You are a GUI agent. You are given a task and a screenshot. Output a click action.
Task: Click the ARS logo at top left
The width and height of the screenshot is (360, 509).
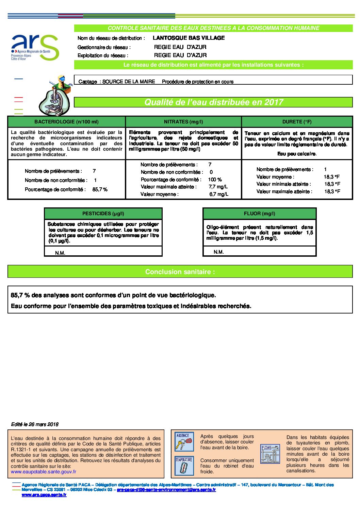[x=35, y=48]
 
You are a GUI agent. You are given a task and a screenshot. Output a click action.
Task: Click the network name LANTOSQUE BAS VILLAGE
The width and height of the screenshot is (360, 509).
[x=189, y=38]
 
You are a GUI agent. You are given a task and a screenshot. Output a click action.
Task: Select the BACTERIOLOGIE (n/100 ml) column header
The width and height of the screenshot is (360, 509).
[x=66, y=122]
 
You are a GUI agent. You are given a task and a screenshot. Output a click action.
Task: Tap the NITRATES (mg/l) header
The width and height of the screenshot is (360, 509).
[x=183, y=122]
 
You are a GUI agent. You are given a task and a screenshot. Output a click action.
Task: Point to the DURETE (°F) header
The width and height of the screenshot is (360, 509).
[x=297, y=122]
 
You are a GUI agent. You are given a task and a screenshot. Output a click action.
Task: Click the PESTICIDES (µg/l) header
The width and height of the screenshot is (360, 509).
[x=103, y=214]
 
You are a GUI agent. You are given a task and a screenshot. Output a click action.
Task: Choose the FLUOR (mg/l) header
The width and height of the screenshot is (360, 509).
[x=259, y=214]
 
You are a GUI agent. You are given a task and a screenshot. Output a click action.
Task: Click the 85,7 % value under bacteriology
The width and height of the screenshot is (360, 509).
[x=100, y=189]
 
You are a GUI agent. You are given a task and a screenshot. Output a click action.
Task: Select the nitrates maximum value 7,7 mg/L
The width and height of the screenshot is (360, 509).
[x=218, y=187]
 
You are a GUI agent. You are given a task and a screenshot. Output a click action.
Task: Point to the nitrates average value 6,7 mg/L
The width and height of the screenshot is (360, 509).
[x=219, y=194]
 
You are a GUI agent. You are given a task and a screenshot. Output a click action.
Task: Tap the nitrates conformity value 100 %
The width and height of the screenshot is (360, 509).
[x=215, y=180]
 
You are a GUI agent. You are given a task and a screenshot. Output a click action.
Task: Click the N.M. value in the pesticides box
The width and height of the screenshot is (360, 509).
[x=60, y=253]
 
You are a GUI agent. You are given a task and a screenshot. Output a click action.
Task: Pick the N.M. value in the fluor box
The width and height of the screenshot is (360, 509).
[x=218, y=252]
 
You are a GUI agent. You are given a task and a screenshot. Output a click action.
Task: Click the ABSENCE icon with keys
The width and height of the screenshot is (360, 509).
[x=184, y=441]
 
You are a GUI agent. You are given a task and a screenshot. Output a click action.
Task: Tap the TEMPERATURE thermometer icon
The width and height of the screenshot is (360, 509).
[x=184, y=465]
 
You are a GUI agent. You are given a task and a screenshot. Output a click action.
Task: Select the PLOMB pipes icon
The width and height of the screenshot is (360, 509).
[x=270, y=454]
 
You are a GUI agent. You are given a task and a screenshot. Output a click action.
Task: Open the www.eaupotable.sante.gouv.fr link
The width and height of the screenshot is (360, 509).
[x=44, y=472]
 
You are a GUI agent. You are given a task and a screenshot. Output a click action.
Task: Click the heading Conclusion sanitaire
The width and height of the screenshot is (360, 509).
[x=180, y=272]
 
